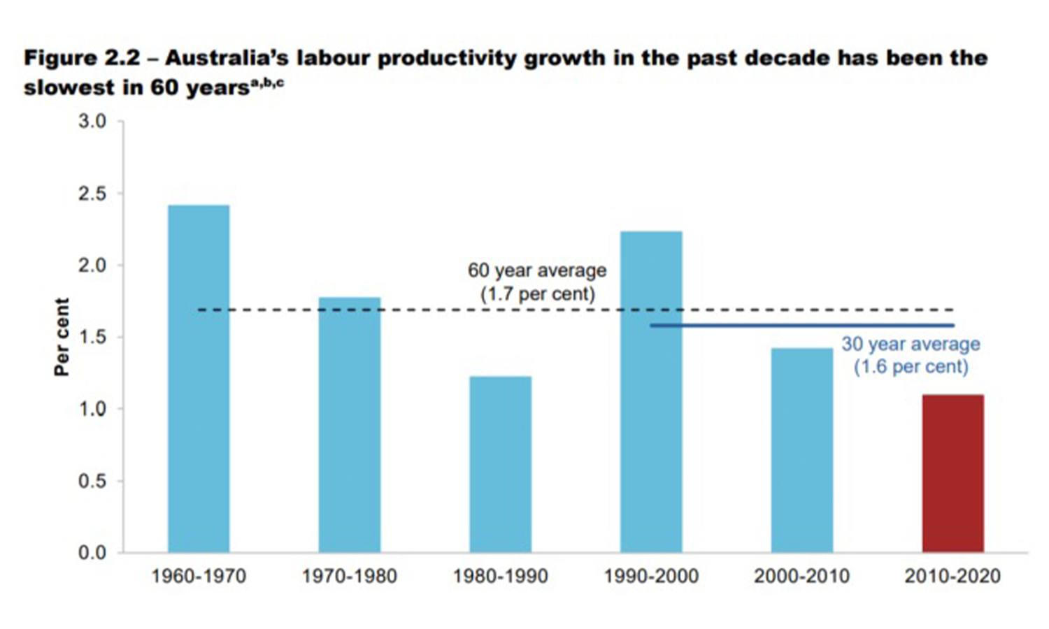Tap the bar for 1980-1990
tap(500, 464)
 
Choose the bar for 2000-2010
tap(802, 450)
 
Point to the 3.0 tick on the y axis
tap(92, 122)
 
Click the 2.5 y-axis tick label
tap(92, 194)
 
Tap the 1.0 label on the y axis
tap(92, 409)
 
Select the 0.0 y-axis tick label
tap(92, 553)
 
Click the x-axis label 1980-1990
tap(500, 576)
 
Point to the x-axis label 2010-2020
tap(952, 576)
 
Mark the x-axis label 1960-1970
tap(199, 576)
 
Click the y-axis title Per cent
tap(62, 337)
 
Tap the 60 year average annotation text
tap(537, 282)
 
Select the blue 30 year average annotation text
tap(911, 355)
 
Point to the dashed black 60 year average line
tap(420, 310)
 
